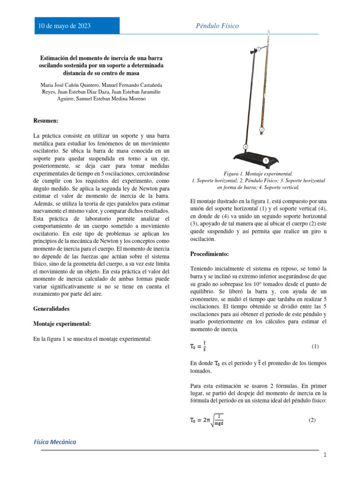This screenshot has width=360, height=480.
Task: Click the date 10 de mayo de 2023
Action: click(64, 26)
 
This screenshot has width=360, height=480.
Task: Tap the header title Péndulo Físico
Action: click(217, 26)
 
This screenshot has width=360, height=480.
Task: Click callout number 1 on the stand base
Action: click(265, 161)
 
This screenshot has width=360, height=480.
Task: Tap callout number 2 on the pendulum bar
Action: click(262, 129)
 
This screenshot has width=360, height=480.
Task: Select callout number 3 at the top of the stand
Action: click(258, 49)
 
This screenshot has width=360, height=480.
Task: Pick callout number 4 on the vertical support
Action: click(245, 146)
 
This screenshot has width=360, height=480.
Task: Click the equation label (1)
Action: click(315, 346)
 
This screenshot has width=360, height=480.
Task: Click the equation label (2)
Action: click(312, 420)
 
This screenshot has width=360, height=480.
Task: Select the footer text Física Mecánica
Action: click(54, 442)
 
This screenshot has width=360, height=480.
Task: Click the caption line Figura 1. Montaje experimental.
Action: click(259, 174)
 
